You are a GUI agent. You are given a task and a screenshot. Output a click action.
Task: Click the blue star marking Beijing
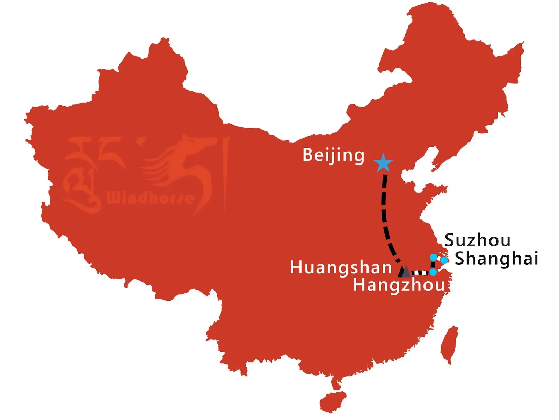tap(383, 163)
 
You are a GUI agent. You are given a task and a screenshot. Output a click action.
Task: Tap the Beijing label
tap(333, 155)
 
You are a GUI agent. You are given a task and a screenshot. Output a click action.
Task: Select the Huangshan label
tap(341, 268)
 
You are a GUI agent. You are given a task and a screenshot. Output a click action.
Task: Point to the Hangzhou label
tap(399, 285)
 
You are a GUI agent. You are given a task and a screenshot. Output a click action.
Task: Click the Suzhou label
tap(477, 240)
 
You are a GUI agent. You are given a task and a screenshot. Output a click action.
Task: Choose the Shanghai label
tap(496, 259)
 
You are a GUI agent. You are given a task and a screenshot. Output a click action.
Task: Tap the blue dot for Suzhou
tap(434, 258)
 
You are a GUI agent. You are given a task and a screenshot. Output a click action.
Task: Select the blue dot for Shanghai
tap(444, 260)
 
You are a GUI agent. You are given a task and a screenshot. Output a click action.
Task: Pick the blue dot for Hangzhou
tap(433, 272)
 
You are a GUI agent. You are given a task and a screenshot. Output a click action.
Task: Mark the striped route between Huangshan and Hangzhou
tap(420, 273)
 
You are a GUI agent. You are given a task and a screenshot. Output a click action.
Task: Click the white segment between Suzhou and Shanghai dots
tap(439, 258)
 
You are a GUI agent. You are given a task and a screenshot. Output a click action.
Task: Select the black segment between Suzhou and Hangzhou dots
tap(433, 265)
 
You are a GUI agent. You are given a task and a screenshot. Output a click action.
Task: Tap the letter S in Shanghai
tap(460, 258)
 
